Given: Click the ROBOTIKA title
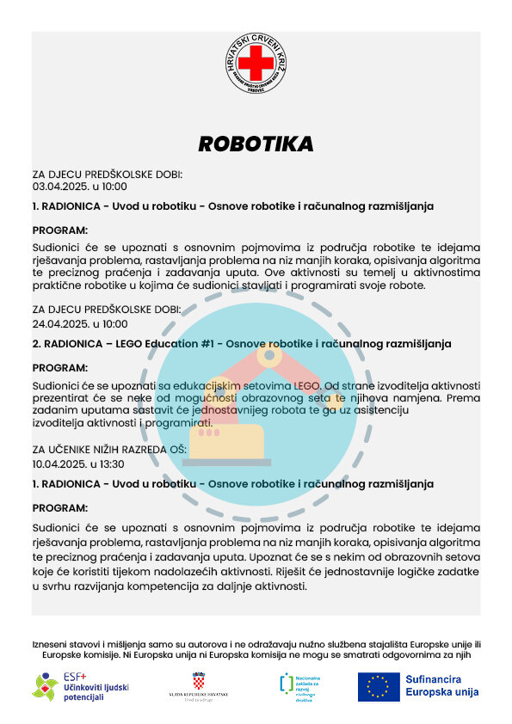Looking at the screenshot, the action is tap(256, 144).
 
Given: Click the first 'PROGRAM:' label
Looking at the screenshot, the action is tap(60, 230).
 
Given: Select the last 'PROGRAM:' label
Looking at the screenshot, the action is tap(60, 507).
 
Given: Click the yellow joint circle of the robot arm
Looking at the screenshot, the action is tap(269, 353).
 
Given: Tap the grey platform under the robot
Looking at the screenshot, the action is tap(226, 463).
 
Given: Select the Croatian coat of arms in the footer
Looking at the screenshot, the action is tap(199, 682).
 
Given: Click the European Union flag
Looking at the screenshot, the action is tap(379, 686).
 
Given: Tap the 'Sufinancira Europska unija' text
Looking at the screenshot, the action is tap(441, 685).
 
